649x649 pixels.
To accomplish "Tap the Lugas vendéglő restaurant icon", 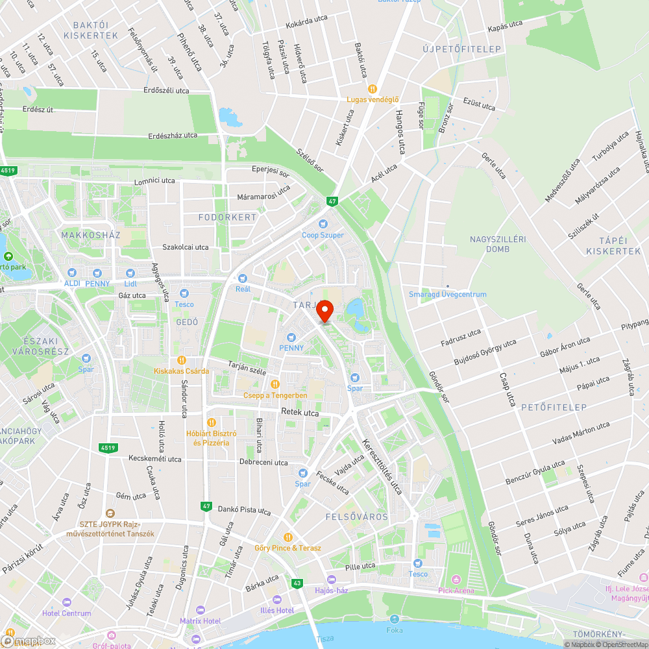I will pyautogui.click(x=373, y=88).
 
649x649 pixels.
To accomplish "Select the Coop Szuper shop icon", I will pyautogui.click(x=323, y=224).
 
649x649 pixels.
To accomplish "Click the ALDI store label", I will pyautogui.click(x=72, y=284).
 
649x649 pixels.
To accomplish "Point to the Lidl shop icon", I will pyautogui.click(x=130, y=273).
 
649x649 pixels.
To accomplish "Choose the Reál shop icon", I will pyautogui.click(x=243, y=278).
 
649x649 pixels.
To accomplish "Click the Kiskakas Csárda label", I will pyautogui.click(x=182, y=371).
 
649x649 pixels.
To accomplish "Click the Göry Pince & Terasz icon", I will pyautogui.click(x=288, y=537).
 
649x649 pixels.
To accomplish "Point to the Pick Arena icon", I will pyautogui.click(x=456, y=580).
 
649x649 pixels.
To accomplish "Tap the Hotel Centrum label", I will pyautogui.click(x=67, y=613).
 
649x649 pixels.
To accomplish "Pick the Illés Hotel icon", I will pyautogui.click(x=277, y=600).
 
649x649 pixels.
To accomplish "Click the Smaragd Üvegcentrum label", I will pyautogui.click(x=447, y=295).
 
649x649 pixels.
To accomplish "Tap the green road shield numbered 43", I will pyautogui.click(x=297, y=583).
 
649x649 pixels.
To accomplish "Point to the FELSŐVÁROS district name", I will pyautogui.click(x=357, y=517).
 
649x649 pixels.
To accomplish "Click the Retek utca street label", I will pyautogui.click(x=300, y=412).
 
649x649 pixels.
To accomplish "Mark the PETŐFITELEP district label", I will pyautogui.click(x=554, y=408).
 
